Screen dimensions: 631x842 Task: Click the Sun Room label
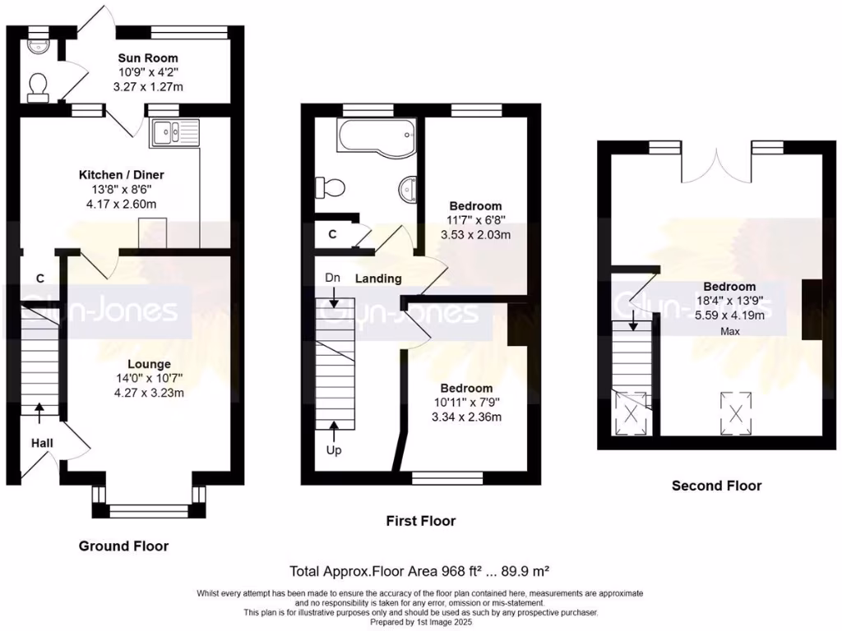click(x=148, y=58)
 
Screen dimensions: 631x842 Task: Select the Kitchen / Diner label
click(x=121, y=175)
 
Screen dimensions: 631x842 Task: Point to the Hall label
click(x=42, y=443)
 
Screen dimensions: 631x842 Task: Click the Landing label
click(x=378, y=279)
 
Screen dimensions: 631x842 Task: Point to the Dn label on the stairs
click(x=333, y=278)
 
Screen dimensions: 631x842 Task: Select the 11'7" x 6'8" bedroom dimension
click(x=476, y=220)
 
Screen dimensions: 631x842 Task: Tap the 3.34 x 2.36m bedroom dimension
click(x=466, y=417)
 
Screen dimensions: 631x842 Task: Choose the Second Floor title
click(x=716, y=486)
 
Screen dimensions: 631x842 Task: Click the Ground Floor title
click(x=123, y=546)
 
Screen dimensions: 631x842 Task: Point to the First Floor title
click(x=420, y=521)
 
